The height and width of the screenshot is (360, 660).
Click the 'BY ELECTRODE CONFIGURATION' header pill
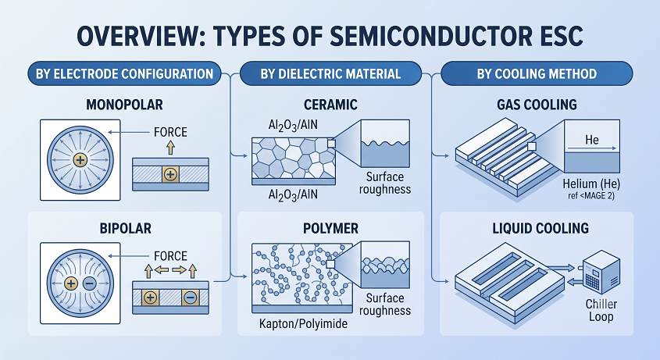pos(124,73)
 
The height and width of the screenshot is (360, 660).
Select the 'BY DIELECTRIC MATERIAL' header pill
pos(330,73)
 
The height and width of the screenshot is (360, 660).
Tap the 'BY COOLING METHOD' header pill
pos(537,73)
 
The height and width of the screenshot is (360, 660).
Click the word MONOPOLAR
pos(125,105)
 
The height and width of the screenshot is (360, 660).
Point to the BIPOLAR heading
pos(126,228)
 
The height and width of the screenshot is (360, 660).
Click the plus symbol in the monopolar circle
pos(80,160)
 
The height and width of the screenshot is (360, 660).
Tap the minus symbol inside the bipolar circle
pos(89,283)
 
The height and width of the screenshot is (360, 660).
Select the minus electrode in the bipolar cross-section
pos(191,298)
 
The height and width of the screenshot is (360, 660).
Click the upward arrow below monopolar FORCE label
pos(170,148)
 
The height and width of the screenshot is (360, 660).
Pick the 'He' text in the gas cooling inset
pos(592,139)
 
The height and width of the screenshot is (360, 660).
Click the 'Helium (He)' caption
pos(591,184)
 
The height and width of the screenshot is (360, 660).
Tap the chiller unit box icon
pos(601,272)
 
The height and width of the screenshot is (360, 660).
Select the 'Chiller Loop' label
pos(601,310)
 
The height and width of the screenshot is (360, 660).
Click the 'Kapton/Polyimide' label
pos(303,324)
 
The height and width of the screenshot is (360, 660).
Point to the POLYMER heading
pos(331,228)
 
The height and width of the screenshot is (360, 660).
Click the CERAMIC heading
pos(331,105)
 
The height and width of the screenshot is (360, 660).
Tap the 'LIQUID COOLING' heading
pos(540,228)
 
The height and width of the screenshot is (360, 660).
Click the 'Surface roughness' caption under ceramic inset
pos(385,183)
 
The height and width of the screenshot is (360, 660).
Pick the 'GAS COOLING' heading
pos(537,105)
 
